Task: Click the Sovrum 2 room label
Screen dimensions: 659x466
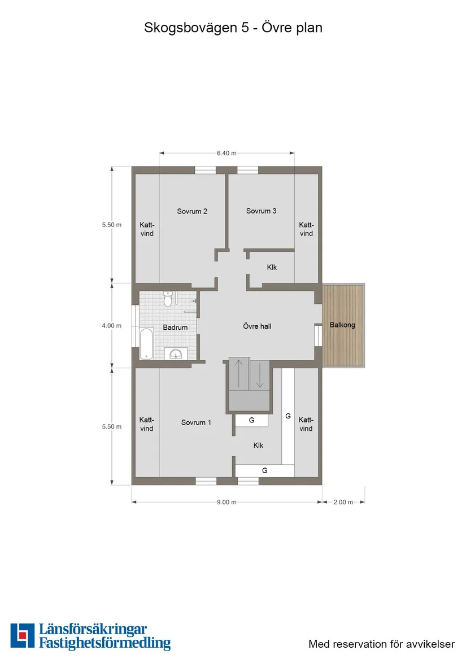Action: point(192,211)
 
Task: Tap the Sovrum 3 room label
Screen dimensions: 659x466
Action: point(261,211)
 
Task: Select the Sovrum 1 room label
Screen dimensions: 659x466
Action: point(196,422)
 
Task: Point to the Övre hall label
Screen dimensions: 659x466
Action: point(257,326)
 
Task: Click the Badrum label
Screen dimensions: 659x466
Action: point(175,328)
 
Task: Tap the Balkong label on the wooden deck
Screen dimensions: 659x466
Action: point(342,325)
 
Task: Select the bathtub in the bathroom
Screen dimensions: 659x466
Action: point(146,343)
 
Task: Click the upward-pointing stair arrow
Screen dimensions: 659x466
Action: point(239,373)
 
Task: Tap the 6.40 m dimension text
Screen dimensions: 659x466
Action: point(227,152)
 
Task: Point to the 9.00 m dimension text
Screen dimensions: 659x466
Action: point(227,502)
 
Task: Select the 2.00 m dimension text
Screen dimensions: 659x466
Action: point(343,502)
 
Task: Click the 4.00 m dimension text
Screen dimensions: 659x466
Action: point(111,325)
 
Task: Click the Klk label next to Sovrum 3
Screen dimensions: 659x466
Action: point(272,268)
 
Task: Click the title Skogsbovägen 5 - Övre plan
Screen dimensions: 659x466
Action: point(233,27)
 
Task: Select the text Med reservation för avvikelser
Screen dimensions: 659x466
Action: point(381,644)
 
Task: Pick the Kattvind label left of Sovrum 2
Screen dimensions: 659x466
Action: point(147,229)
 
